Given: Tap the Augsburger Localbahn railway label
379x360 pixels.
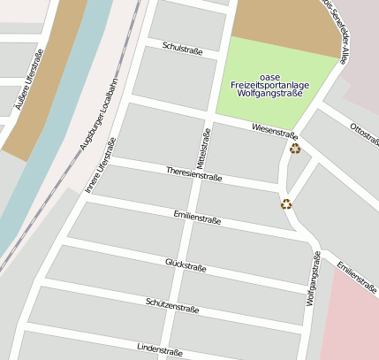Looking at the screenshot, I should coord(99,113).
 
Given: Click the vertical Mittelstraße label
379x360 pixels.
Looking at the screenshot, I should coord(201,146).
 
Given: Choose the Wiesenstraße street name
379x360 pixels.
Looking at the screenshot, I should coord(274,132).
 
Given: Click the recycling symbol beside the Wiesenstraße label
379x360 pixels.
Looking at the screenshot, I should coord(295,149).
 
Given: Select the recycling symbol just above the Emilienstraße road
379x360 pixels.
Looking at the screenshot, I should coord(286,204).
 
